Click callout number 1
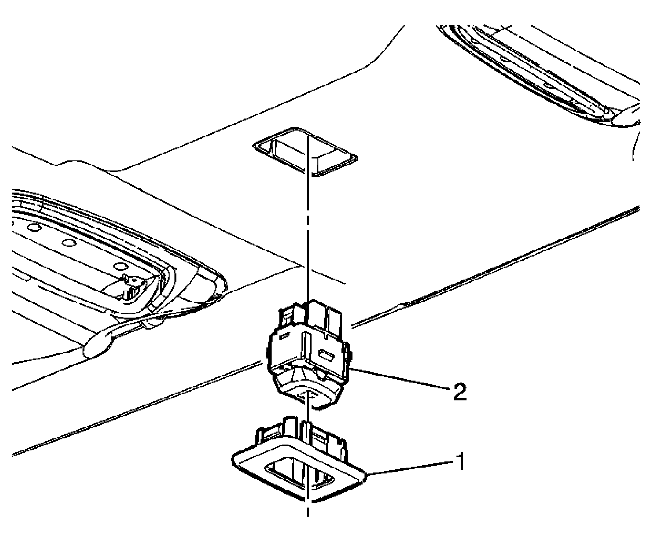pyautogui.click(x=459, y=462)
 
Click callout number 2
pyautogui.click(x=457, y=392)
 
